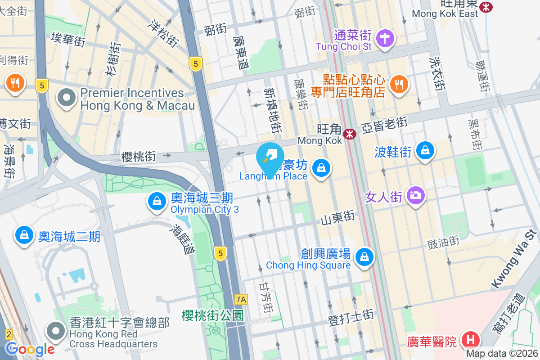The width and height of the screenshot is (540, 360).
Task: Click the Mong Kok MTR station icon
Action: click(x=350, y=134)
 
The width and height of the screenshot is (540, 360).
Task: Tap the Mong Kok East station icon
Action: click(x=486, y=6)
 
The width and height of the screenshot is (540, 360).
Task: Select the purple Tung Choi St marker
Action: click(x=386, y=38)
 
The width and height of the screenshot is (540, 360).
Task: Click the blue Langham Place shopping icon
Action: click(x=321, y=168)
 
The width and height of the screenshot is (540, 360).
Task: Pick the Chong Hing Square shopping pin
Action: click(x=364, y=257)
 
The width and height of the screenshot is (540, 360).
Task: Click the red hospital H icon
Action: click(x=471, y=339)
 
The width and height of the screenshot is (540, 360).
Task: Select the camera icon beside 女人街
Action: click(x=415, y=195)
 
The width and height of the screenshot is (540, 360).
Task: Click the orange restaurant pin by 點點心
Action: click(x=399, y=83)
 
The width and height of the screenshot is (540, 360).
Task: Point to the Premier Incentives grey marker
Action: click(x=67, y=97)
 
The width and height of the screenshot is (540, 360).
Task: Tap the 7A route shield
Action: click(x=241, y=299)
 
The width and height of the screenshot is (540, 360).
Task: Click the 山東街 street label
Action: click(x=338, y=218)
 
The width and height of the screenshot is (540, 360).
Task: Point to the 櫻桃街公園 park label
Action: click(x=213, y=315)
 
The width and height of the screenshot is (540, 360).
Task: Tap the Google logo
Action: click(x=30, y=349)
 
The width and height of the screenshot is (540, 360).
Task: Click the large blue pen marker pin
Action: click(x=270, y=158)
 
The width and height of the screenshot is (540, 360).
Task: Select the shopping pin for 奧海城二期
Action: click(x=24, y=234)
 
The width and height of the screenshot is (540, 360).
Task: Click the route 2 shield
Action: click(x=8, y=334)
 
